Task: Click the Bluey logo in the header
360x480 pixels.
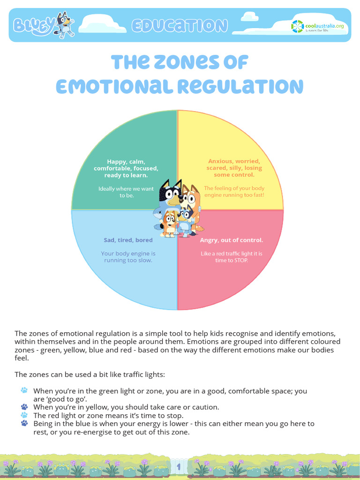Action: [33, 25]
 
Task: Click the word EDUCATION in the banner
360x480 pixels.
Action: [180, 26]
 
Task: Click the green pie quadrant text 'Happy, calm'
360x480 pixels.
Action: [126, 161]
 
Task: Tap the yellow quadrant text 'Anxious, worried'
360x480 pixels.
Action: [234, 161]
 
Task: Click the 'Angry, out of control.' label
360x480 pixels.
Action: [232, 240]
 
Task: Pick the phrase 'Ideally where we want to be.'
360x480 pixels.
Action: [126, 192]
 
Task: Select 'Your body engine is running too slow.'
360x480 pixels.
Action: [128, 257]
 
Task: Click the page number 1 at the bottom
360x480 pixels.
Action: [179, 466]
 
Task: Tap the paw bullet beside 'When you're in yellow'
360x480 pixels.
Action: [24, 407]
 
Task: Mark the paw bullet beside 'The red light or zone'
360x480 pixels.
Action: [24, 415]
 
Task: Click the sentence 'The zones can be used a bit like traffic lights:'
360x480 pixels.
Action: [90, 375]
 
